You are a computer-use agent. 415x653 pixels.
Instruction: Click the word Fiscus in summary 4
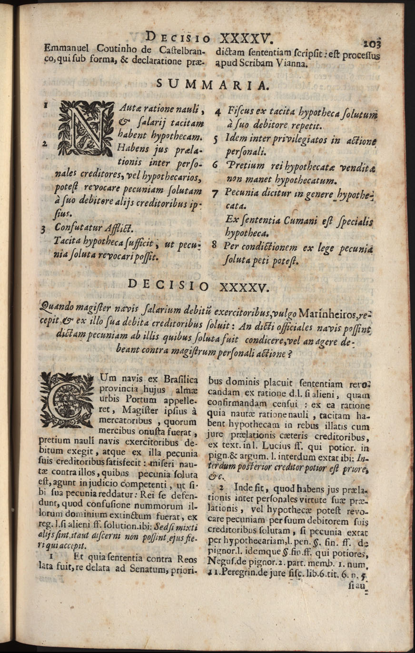[x=242, y=113]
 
